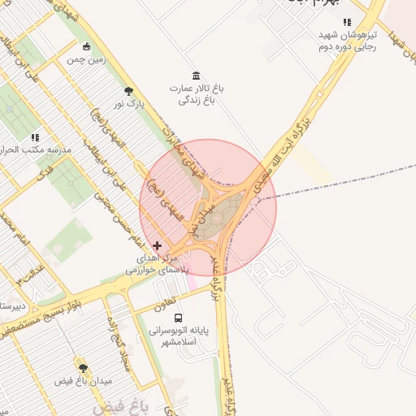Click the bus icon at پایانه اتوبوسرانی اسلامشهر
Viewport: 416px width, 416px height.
coord(179,318)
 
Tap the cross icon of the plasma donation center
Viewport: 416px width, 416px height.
coord(157,245)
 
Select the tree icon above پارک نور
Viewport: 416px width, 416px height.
coord(128,90)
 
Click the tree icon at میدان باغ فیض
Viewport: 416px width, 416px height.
coord(82,368)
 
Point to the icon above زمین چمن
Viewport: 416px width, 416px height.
coord(87,47)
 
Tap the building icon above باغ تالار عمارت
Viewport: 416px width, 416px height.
coord(195,75)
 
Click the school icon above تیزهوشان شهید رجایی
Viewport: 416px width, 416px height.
coord(347,23)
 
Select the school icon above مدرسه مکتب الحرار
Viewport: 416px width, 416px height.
coord(34,138)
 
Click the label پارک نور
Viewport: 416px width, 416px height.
coord(128,103)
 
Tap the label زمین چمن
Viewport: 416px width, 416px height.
coord(87,60)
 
